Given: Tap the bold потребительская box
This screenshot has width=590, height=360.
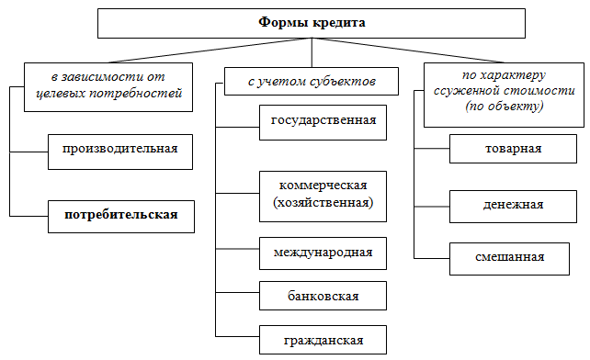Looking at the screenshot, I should coord(119,216).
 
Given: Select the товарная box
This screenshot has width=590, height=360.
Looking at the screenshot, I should coord(512,148).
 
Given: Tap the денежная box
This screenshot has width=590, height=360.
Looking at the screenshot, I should coord(512,204).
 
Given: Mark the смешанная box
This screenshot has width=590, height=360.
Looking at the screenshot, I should coord(512,258).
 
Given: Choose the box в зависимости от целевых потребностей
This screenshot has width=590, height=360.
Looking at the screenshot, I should coord(109,84).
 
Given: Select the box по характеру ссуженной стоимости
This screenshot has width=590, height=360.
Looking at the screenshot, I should coord(505,94).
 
